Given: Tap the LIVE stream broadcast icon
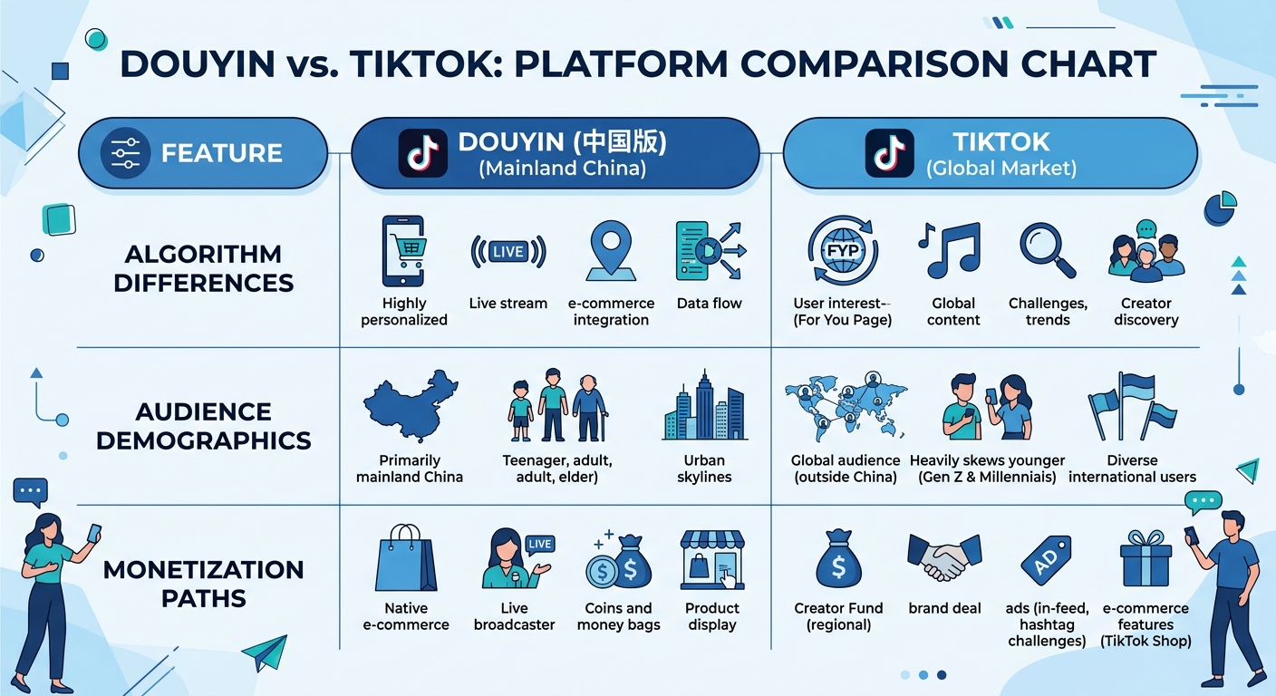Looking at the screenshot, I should tap(508, 252).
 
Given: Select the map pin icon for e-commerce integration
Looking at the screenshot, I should tap(610, 251).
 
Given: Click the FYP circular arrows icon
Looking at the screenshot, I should tap(842, 251).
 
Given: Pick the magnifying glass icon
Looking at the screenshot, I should tap(1048, 251).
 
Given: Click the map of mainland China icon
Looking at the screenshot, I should tap(411, 404).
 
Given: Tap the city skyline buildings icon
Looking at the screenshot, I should tap(704, 408).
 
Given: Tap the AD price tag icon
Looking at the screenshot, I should tap(1045, 561).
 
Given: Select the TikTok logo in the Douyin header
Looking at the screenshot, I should tap(423, 153).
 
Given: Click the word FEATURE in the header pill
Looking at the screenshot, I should tap(222, 153).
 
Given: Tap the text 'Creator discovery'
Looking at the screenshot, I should tap(1145, 312).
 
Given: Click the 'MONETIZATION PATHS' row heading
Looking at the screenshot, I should tap(203, 584).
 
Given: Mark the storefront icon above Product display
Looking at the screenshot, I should tap(711, 561).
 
